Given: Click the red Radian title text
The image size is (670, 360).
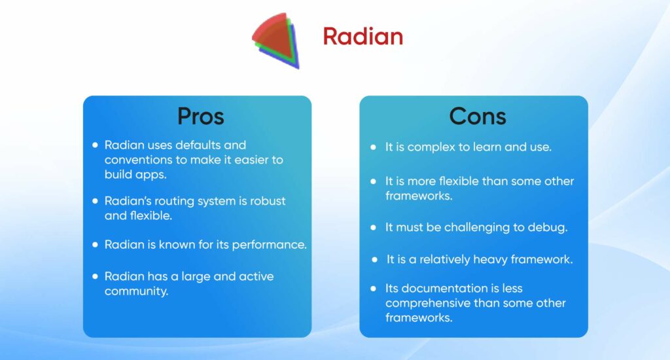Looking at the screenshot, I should point(362,37).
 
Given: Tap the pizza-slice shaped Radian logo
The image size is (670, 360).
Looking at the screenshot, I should point(275,39).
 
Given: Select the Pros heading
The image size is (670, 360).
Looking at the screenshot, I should point(200,117).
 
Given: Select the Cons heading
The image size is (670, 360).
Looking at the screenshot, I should point(477,117).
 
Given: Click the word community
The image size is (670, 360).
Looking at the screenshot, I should point(136,291).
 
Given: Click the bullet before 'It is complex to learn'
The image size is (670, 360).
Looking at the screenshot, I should point(373,147).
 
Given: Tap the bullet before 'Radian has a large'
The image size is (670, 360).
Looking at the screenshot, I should point(96,276).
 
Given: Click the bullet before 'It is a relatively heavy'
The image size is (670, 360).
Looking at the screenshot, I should point(374,259).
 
